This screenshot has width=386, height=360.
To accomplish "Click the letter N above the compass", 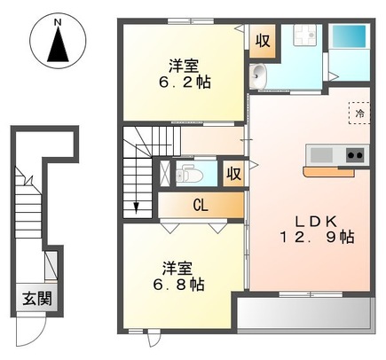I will click(x=57, y=19).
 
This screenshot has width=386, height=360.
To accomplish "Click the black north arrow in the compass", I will click(x=57, y=44).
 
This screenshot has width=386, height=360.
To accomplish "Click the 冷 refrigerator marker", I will click(x=359, y=113).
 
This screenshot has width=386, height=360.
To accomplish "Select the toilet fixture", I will click(x=189, y=171).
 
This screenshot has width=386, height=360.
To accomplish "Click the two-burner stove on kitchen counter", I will click(x=354, y=155).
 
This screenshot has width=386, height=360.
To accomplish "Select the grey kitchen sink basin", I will click(x=320, y=155).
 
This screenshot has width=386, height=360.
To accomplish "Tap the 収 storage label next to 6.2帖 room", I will click(x=263, y=39).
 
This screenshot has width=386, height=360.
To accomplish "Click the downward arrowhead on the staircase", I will click(x=138, y=209).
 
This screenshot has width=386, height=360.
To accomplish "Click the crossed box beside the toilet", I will click(x=164, y=173).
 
